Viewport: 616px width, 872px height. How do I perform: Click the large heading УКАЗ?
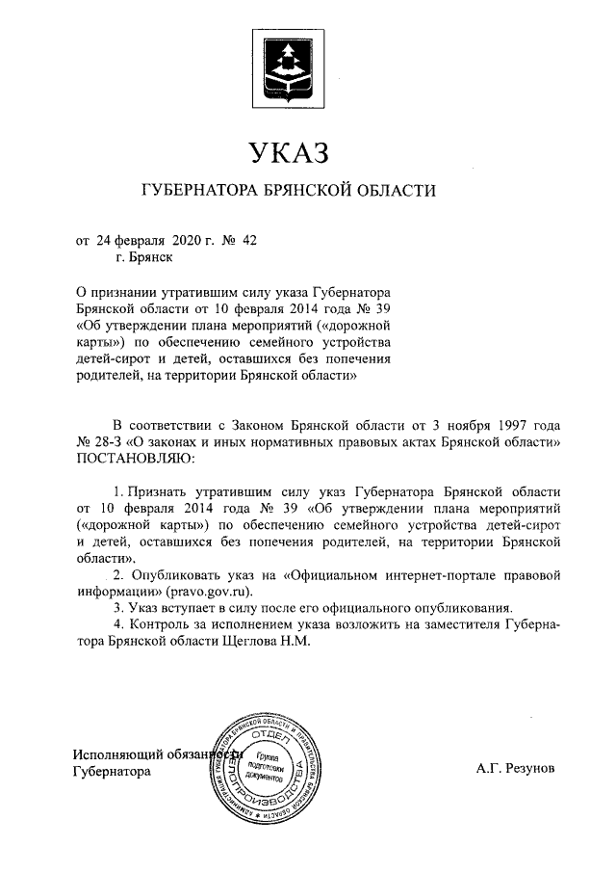(x=288, y=152)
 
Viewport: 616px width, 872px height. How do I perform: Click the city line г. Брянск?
(x=142, y=257)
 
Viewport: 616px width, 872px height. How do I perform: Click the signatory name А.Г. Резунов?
(x=515, y=771)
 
